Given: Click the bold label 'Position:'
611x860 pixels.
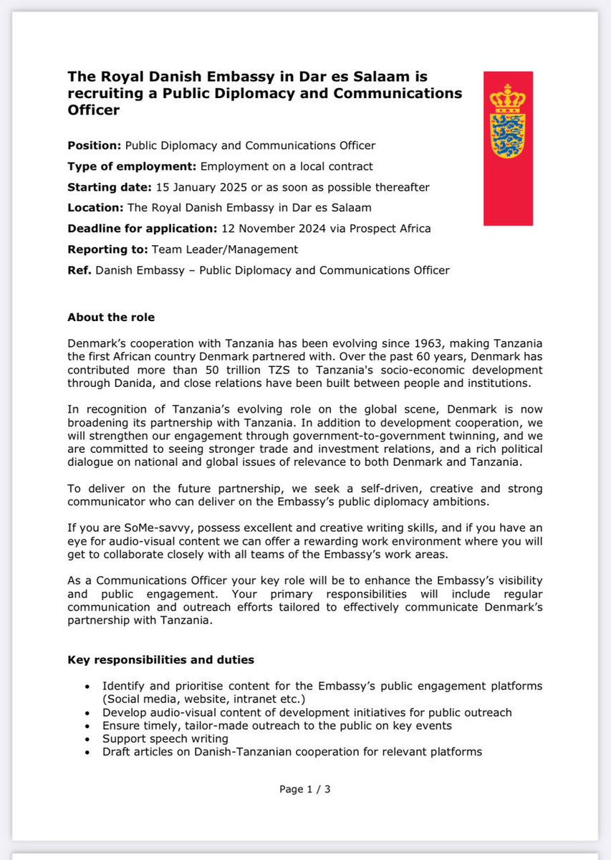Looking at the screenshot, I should pyautogui.click(x=95, y=145).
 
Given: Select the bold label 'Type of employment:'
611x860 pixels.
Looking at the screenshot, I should pyautogui.click(x=132, y=166).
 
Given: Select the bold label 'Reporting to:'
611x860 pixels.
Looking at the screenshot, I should pyautogui.click(x=107, y=249).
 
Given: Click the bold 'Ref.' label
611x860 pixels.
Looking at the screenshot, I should pyautogui.click(x=80, y=270).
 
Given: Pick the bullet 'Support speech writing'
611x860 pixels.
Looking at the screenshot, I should pyautogui.click(x=165, y=738).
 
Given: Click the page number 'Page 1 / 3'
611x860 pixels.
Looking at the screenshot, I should pyautogui.click(x=304, y=790).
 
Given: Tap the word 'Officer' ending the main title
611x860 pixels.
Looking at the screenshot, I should pyautogui.click(x=93, y=111).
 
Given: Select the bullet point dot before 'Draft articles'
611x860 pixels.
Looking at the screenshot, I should pyautogui.click(x=87, y=752).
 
